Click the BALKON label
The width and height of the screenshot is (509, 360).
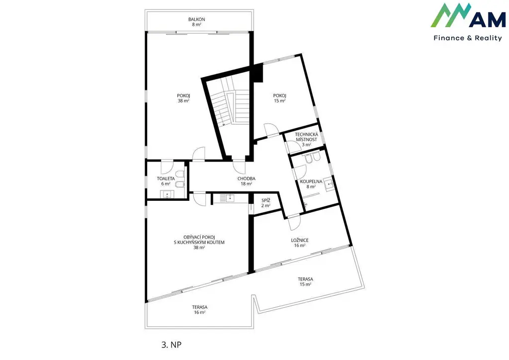(x=196, y=19)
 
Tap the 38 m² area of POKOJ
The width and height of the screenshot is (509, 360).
(x=183, y=101)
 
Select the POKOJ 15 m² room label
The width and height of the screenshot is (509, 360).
(x=279, y=98)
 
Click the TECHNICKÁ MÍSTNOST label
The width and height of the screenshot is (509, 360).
(x=306, y=137)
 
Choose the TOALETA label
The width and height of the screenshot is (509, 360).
(x=166, y=179)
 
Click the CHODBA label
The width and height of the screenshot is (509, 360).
(x=247, y=179)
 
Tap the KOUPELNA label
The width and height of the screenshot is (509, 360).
(x=311, y=181)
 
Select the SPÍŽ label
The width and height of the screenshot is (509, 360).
(x=266, y=200)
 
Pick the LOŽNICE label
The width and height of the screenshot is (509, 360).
(x=300, y=240)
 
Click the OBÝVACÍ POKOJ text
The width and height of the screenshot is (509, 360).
(x=199, y=237)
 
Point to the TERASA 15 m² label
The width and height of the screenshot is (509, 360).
(x=306, y=281)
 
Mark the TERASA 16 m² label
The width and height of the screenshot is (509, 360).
(x=200, y=310)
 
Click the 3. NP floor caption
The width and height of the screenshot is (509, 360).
(x=171, y=345)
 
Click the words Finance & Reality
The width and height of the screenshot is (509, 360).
(x=468, y=38)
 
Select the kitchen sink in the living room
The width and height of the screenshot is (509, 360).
(x=231, y=198)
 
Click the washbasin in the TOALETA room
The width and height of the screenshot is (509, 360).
(x=167, y=194)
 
